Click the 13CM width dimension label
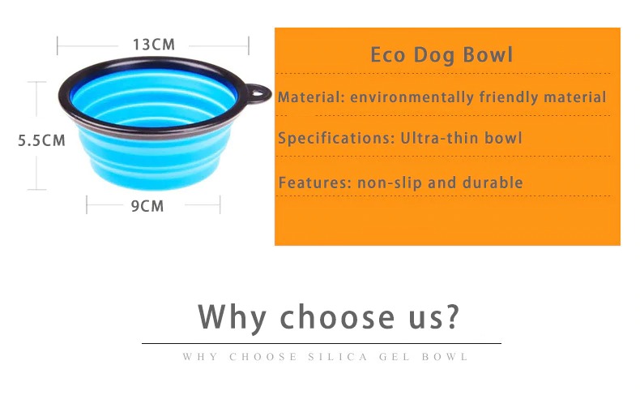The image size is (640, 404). (x=154, y=45)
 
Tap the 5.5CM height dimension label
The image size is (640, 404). (x=41, y=140)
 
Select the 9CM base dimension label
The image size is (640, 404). (x=147, y=206)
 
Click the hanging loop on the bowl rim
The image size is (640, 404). (x=258, y=93)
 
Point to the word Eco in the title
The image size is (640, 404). (x=388, y=55)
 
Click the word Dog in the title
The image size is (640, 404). (x=434, y=56)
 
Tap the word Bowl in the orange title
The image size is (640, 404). (x=488, y=55)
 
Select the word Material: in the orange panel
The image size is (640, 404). (x=311, y=97)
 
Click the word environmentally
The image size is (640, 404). (x=412, y=97)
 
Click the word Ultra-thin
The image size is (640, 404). (x=439, y=138)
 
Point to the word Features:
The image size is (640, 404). (x=315, y=183)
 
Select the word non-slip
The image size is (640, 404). (x=390, y=183)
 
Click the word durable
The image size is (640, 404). (x=493, y=183)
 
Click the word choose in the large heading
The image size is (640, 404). (x=338, y=316)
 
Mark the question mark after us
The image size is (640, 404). (x=452, y=316)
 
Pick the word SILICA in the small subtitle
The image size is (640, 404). (x=338, y=357)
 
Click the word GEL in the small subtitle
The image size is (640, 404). (x=395, y=357)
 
